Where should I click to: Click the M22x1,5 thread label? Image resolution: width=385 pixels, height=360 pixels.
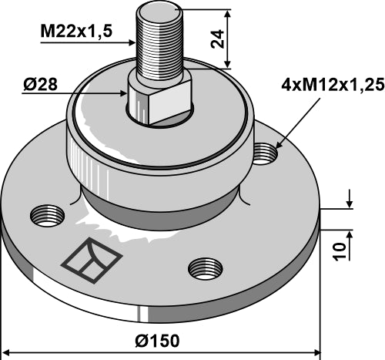[x=76, y=32]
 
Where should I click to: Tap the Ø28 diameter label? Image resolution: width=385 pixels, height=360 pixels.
[x=40, y=85]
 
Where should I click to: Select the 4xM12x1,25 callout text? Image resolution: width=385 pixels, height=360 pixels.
[x=333, y=85]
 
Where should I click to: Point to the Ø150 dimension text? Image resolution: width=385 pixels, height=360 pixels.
[x=157, y=341]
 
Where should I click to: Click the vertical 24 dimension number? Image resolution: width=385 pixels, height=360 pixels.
[x=217, y=39]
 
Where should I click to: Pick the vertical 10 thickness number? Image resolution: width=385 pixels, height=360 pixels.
[x=340, y=251]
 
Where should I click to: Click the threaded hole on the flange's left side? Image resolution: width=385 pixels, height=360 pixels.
[x=48, y=215]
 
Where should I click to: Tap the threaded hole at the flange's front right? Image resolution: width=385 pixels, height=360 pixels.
[x=206, y=269]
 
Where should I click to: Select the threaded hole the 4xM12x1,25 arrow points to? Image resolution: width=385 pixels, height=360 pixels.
[x=266, y=153]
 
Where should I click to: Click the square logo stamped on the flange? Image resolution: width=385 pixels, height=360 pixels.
[x=92, y=261]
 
